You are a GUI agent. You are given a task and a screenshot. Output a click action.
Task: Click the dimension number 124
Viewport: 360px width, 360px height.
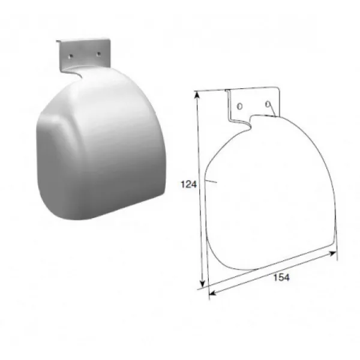[x=189, y=184]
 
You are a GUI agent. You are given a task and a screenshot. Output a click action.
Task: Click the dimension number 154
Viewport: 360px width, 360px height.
[x=281, y=277]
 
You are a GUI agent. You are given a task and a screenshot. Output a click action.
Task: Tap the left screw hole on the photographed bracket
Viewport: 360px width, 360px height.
[x=71, y=56]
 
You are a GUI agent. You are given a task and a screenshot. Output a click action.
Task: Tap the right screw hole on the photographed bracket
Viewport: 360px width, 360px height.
[x=98, y=54]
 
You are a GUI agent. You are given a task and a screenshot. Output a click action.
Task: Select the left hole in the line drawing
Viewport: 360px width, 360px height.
[x=239, y=106]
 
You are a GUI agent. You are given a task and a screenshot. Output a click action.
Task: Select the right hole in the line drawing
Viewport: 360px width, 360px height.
[x=268, y=104]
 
